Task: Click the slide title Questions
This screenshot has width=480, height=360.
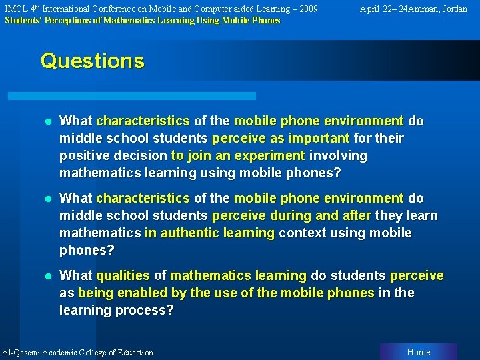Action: pyautogui.click(x=92, y=61)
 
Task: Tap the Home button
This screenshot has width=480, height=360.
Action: pyautogui.click(x=418, y=352)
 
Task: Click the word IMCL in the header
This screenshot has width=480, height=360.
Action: pyautogui.click(x=16, y=9)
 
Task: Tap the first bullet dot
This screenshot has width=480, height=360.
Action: pyautogui.click(x=47, y=121)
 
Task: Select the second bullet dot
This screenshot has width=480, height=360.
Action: pyautogui.click(x=47, y=199)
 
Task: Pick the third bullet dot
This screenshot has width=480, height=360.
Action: pyautogui.click(x=47, y=276)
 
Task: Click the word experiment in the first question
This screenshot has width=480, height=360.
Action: pyautogui.click(x=272, y=155)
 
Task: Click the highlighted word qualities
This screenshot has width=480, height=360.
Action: pyautogui.click(x=123, y=275)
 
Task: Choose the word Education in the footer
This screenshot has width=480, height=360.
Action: pyautogui.click(x=134, y=353)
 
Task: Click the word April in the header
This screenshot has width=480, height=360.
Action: pyautogui.click(x=372, y=9)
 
